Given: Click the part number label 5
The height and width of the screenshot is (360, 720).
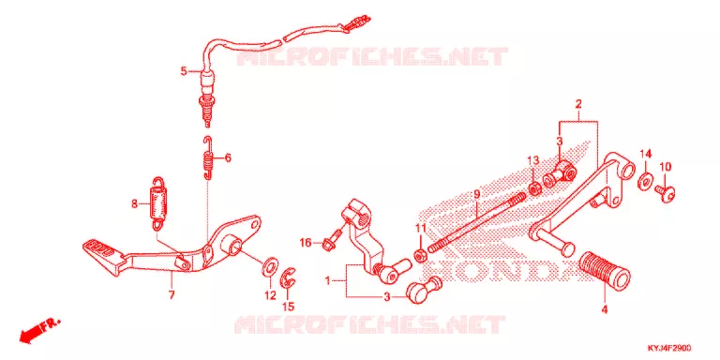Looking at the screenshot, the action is click(184, 71).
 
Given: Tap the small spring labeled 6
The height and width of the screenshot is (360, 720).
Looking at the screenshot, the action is click(208, 157).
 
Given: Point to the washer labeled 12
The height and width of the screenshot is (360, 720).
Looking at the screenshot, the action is click(270, 267).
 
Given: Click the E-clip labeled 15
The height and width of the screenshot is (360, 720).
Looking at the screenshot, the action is click(289, 278).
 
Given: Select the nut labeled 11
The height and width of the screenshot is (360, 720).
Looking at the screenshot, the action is click(419, 255).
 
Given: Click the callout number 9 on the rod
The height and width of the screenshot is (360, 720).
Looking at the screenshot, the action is click(476, 195).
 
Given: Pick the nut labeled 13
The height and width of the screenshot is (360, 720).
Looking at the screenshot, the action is click(534, 187).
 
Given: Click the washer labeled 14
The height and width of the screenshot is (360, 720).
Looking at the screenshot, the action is click(645, 181).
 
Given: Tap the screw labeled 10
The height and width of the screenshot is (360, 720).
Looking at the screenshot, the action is click(665, 193).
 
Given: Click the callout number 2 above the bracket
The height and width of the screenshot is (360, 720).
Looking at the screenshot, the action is click(578, 104).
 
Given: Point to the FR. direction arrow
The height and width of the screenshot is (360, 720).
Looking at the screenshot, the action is click(39, 330).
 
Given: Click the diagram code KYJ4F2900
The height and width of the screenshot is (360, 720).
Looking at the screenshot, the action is click(669, 349).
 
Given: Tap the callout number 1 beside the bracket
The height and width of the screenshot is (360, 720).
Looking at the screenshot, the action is click(328, 279).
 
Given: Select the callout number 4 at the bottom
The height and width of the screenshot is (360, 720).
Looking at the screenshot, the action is click(605, 310).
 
